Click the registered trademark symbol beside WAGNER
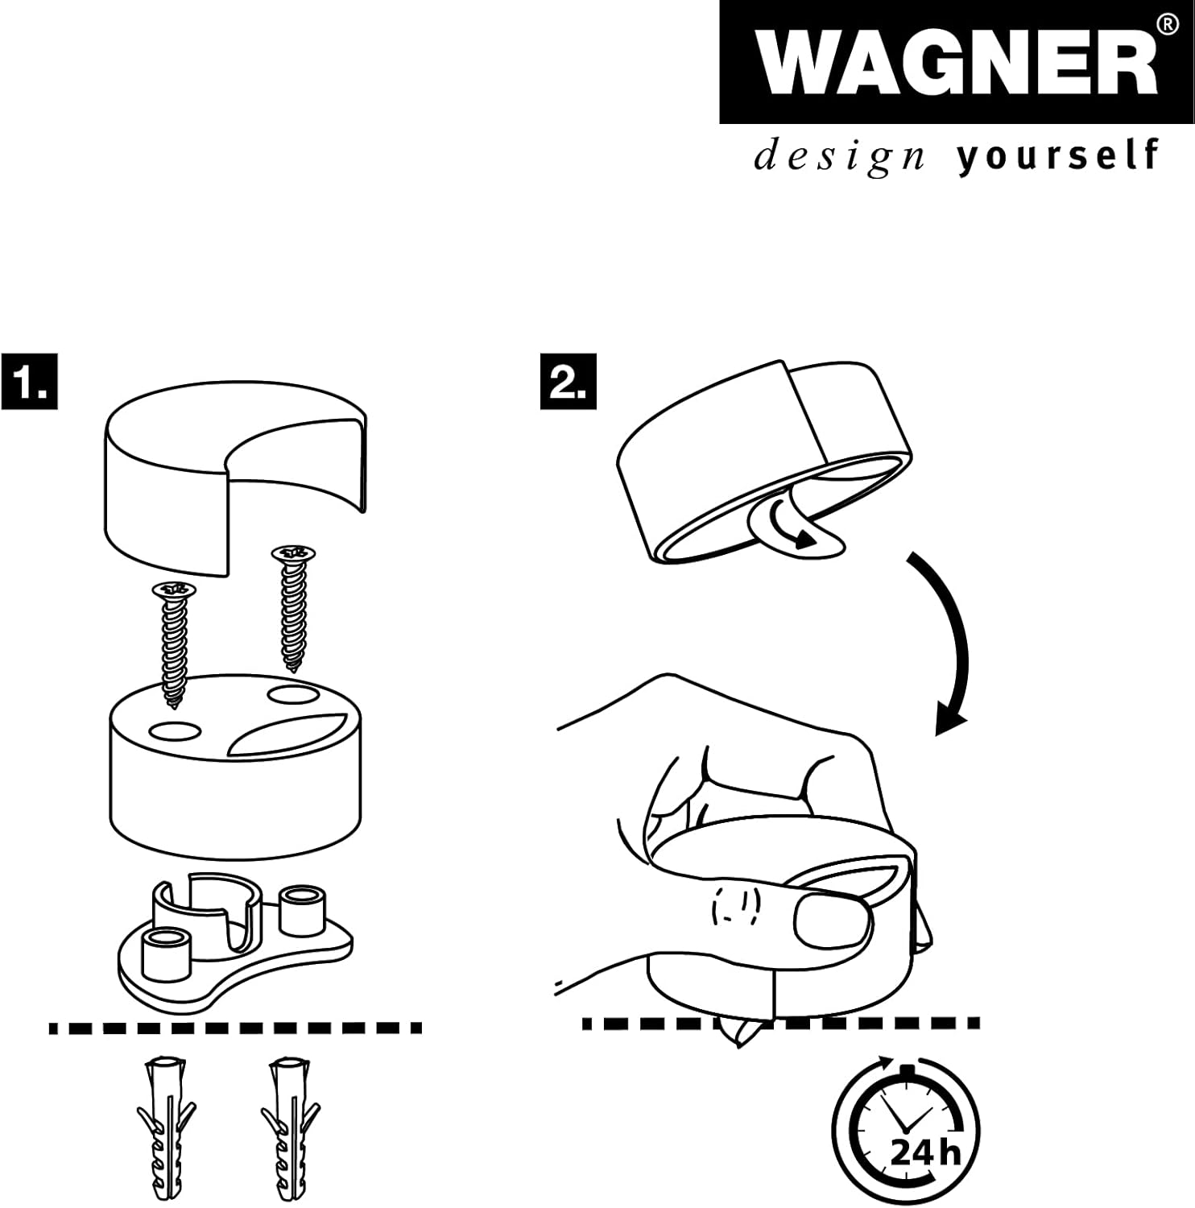pos(1166,26)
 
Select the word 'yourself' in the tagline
pos(1058,155)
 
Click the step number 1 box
pos(29,380)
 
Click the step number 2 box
pos(569,380)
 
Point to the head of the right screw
pos(293,553)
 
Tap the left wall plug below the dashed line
pos(166,1131)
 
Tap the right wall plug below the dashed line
pos(291,1131)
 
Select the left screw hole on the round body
pos(175,731)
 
